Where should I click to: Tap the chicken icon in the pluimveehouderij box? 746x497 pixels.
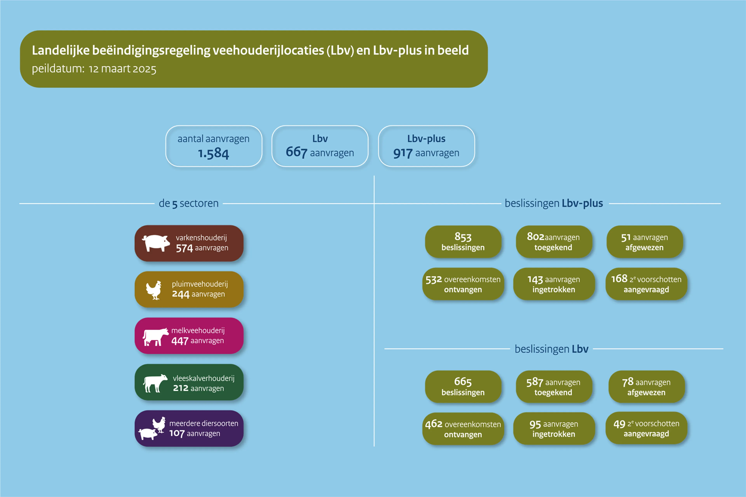(154, 290)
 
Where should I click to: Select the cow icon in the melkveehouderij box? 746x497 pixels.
(155, 337)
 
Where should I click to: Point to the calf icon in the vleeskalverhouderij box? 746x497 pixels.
(155, 383)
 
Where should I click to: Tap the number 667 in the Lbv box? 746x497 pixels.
(296, 152)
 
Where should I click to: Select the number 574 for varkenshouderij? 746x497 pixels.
(184, 248)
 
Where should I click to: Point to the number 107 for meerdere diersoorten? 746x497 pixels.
(177, 433)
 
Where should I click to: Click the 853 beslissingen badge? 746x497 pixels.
(463, 242)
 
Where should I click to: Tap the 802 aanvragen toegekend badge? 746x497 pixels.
(553, 242)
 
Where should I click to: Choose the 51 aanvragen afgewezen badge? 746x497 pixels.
(645, 242)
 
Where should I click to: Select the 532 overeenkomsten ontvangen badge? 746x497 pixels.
(463, 284)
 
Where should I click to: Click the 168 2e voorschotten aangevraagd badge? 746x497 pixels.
(646, 284)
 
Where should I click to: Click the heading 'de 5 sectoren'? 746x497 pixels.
(189, 203)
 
